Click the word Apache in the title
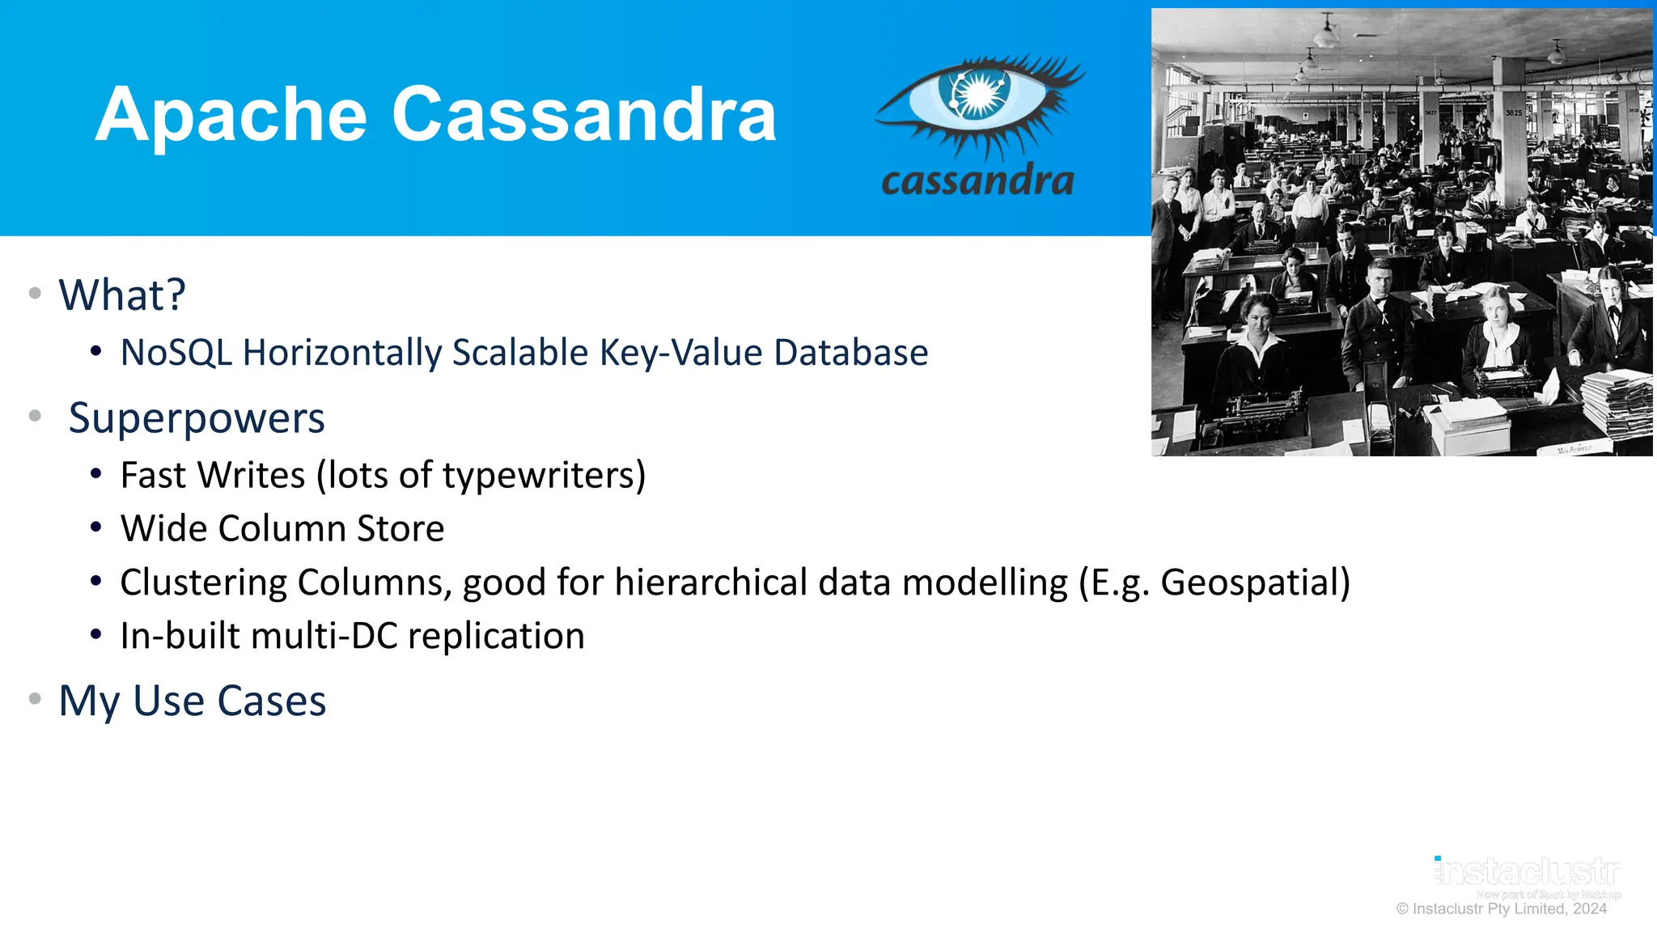231,115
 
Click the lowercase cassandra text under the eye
977,180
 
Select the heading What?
122,294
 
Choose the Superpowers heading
197,418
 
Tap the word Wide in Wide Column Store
163,528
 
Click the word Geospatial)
1255,582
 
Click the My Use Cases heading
193,701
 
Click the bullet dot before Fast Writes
96,474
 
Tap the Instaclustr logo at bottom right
1528,872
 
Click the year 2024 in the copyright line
1589,909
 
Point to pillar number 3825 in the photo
1513,113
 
